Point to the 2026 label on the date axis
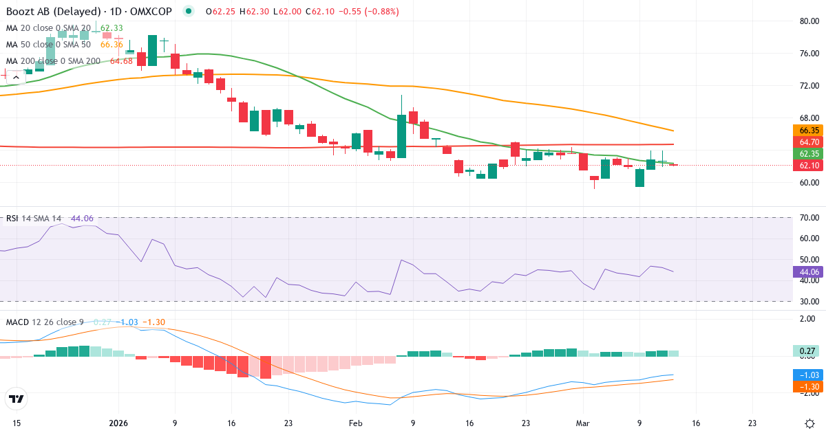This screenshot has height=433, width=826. [118, 423]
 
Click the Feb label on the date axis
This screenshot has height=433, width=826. [355, 423]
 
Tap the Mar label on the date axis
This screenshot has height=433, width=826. [581, 423]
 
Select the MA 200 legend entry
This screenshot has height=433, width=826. [54, 61]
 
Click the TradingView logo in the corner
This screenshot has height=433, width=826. [17, 399]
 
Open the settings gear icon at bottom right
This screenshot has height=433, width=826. [810, 423]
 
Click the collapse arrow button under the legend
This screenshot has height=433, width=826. [16, 78]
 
